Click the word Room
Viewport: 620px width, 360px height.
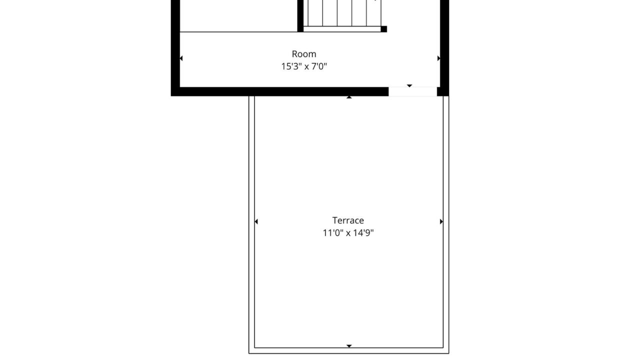point(304,54)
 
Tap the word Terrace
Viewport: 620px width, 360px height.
point(348,220)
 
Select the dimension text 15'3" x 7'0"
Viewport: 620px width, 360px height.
point(304,66)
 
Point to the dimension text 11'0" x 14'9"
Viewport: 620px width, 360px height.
point(348,233)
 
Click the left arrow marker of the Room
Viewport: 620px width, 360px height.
point(181,58)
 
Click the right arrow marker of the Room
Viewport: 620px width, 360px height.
point(438,58)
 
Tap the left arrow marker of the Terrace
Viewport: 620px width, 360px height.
point(256,221)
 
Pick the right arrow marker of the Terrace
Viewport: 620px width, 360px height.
point(441,221)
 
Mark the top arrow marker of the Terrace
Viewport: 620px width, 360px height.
point(349,97)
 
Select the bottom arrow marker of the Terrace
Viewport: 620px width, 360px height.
point(349,346)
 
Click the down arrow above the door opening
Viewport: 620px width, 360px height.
point(409,86)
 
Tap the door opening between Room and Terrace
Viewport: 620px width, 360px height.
point(412,91)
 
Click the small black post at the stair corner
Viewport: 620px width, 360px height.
point(384,29)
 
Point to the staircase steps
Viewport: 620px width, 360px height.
point(342,13)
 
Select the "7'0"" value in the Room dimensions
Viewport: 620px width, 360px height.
point(319,66)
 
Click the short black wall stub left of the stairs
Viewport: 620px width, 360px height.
point(300,16)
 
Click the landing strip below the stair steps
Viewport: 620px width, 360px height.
point(342,29)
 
